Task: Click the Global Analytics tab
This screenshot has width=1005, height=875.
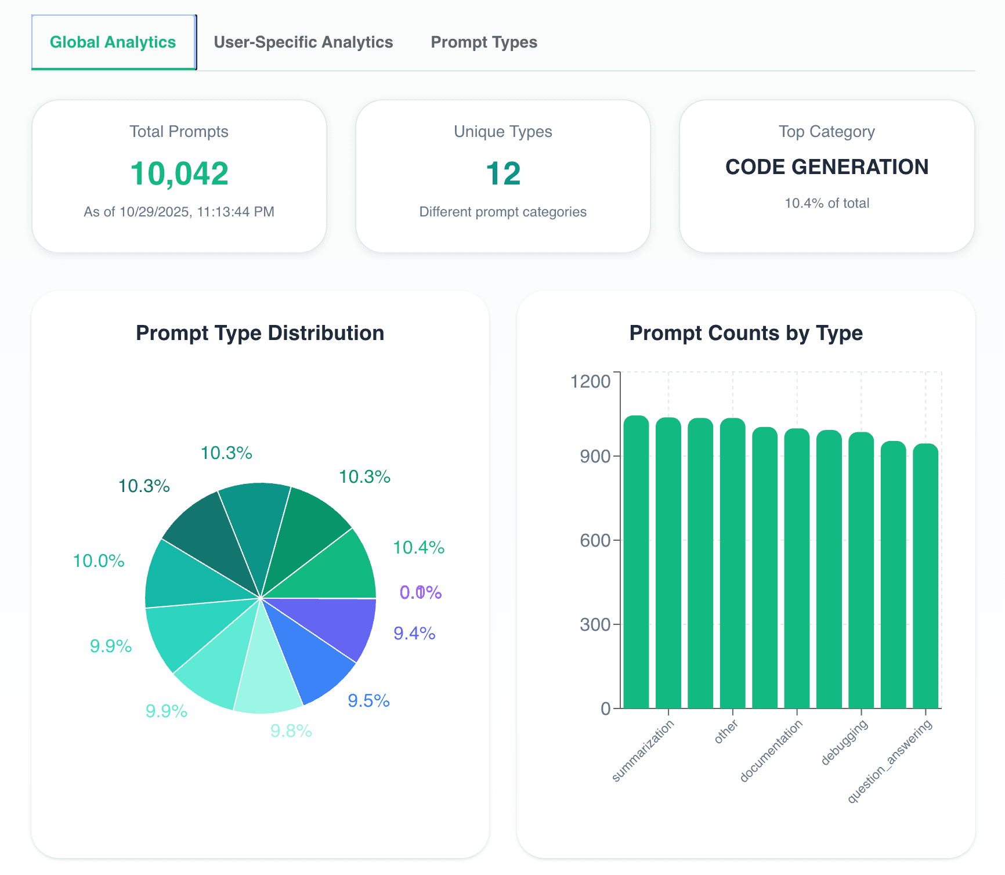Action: pos(113,42)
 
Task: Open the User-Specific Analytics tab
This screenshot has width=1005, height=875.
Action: pos(303,42)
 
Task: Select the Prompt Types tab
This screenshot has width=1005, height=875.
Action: pos(483,42)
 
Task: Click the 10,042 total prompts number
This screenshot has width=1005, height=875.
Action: pos(179,173)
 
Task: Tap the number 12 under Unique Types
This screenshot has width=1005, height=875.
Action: pos(502,173)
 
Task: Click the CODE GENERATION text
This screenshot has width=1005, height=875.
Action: pos(826,167)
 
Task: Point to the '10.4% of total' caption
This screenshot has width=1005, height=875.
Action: pos(826,203)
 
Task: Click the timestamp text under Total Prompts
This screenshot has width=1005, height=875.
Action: pos(179,212)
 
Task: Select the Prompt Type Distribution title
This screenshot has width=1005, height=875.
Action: pos(260,333)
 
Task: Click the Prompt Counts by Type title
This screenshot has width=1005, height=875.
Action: pos(746,333)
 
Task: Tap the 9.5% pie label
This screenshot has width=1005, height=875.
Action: pos(368,700)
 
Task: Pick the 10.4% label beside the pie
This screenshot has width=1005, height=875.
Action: pos(418,547)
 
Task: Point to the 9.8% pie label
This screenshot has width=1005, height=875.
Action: pos(291,731)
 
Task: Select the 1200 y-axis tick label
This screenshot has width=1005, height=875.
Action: pos(590,381)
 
